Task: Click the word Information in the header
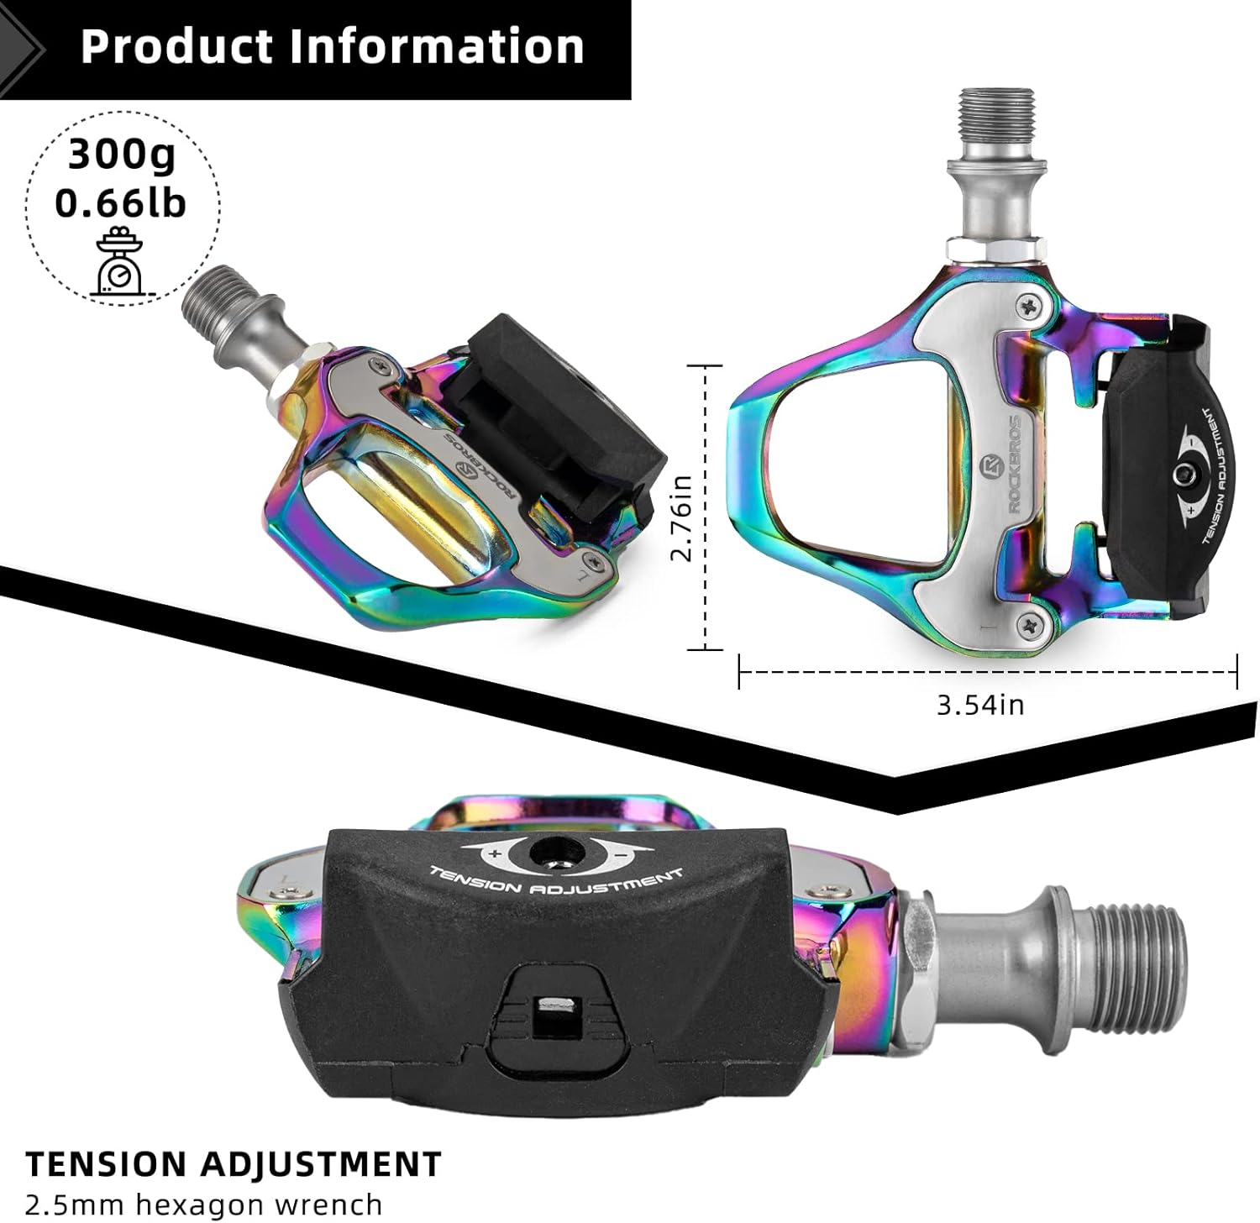(437, 45)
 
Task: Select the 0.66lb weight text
(121, 202)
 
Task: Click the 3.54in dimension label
(980, 704)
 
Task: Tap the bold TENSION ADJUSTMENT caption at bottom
(234, 1164)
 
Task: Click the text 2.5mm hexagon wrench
(204, 1204)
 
